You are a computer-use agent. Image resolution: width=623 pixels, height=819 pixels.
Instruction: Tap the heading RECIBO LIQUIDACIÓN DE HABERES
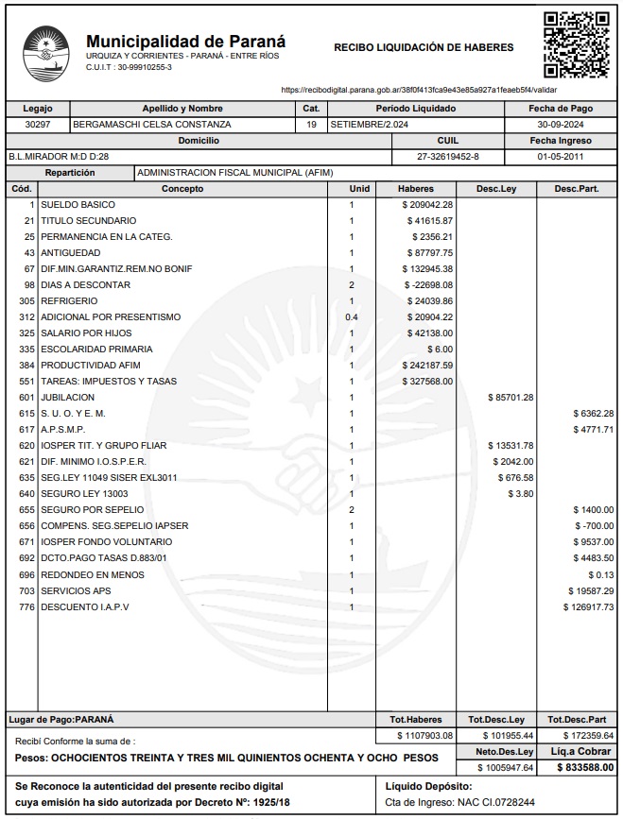click(424, 47)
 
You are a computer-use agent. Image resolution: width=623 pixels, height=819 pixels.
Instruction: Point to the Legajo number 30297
click(37, 124)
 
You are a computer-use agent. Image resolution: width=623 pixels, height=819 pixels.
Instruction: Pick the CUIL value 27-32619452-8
click(448, 156)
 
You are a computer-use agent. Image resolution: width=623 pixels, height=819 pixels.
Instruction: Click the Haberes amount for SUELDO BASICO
click(427, 204)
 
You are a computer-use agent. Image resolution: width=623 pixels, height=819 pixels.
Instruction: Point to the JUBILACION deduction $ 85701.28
click(510, 397)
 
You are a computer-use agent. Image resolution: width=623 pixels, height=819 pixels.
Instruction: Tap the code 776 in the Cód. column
click(26, 606)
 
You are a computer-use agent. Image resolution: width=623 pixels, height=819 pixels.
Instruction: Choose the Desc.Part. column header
click(576, 188)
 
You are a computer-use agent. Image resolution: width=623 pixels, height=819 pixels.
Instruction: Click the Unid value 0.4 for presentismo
click(352, 316)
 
